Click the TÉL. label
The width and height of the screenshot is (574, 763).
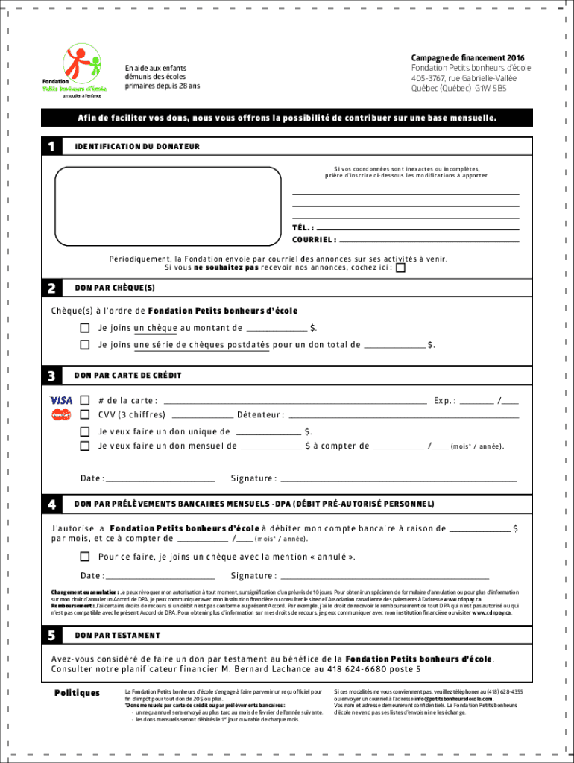(x=302, y=228)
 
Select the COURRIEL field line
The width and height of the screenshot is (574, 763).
(x=429, y=240)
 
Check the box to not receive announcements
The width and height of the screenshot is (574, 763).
(x=401, y=268)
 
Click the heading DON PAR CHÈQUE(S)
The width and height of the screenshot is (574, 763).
(x=115, y=288)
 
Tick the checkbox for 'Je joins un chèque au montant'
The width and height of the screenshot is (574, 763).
(x=85, y=328)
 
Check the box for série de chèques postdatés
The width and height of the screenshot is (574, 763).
(x=85, y=345)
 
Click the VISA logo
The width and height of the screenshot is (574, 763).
(x=61, y=401)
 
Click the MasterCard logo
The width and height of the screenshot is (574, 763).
(x=61, y=414)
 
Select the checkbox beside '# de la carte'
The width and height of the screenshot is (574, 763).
(x=85, y=401)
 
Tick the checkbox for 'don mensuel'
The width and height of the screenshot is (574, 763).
(x=85, y=446)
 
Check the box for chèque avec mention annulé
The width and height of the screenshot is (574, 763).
(x=85, y=557)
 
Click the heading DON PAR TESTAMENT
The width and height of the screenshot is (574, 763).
(x=117, y=636)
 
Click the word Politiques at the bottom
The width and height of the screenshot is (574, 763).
(x=77, y=693)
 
